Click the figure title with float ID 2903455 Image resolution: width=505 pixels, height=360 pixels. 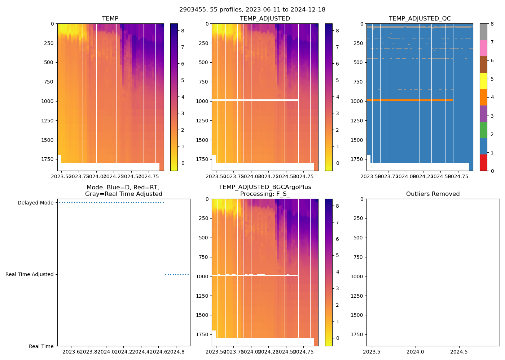tap(252, 10)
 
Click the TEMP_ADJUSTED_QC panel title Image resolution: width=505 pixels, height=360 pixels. tap(420, 19)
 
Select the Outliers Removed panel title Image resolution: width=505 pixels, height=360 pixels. tap(432, 194)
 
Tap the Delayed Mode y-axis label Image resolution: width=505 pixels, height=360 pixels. tap(35, 203)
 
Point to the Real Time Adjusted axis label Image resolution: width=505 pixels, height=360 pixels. tap(29, 274)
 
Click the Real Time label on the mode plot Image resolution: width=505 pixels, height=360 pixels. tap(41, 346)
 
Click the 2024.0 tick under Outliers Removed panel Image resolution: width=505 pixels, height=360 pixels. tap(416, 352)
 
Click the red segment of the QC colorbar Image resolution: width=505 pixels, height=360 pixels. tap(483, 163)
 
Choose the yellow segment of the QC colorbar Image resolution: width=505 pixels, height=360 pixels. tap(483, 81)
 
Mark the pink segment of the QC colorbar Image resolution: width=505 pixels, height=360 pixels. tap(483, 48)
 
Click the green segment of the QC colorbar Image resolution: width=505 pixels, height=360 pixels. tap(483, 130)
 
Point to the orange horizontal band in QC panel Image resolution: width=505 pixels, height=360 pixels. tap(409, 100)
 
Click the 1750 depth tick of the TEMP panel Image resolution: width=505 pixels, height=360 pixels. tap(48, 159)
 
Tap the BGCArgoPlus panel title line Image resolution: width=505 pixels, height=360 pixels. tap(265, 187)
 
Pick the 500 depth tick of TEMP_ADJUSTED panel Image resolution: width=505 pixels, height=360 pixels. tap(204, 62)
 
